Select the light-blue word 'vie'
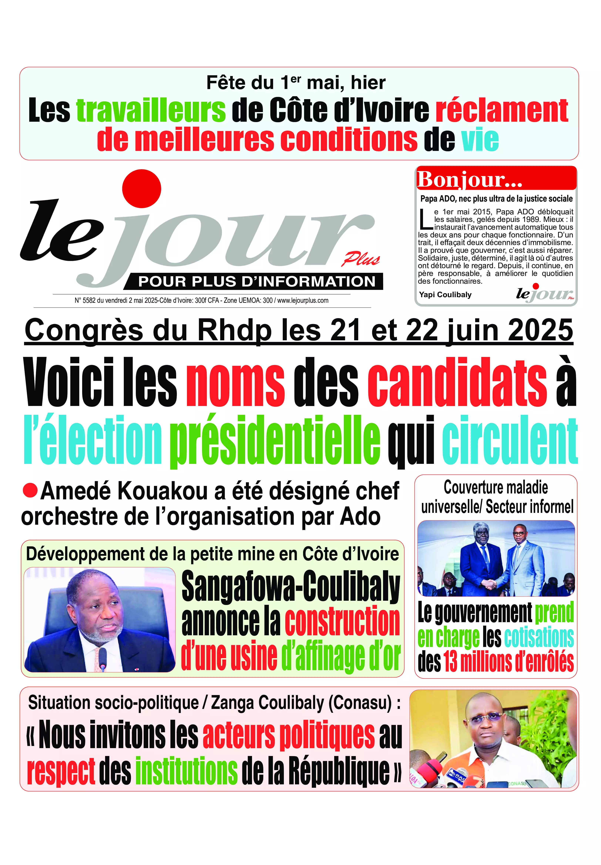480,140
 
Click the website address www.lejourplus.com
303,300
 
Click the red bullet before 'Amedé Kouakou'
30,490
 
